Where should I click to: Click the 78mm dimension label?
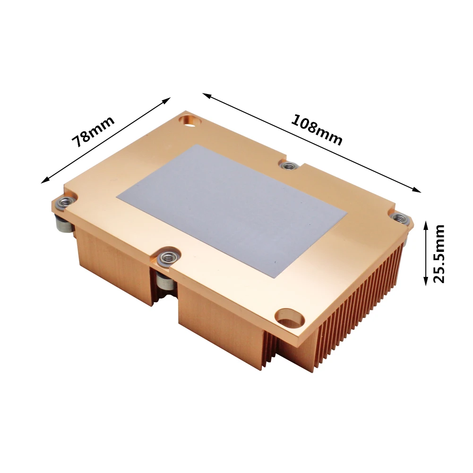click(x=93, y=131)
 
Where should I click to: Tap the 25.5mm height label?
click(x=439, y=254)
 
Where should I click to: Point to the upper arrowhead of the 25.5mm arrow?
click(x=426, y=224)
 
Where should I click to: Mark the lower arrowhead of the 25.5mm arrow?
click(x=426, y=282)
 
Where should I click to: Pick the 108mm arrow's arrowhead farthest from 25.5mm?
click(x=206, y=95)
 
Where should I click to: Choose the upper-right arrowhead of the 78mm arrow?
click(x=167, y=100)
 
